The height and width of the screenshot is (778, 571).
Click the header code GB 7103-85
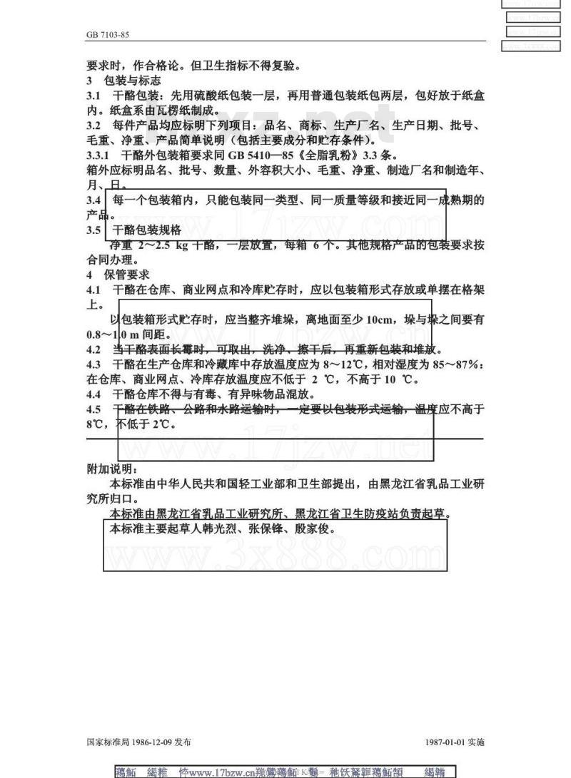click(x=107, y=34)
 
